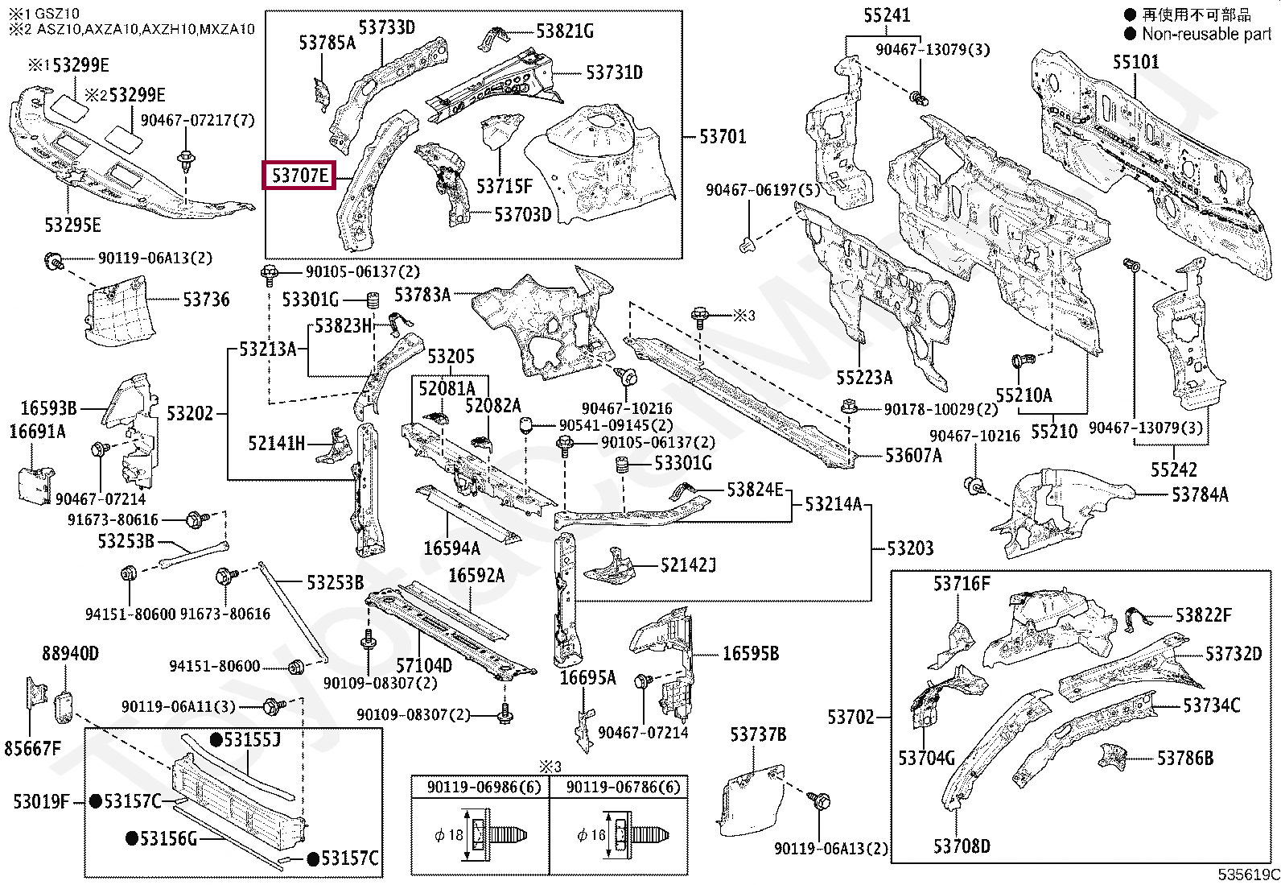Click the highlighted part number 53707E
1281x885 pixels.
300,176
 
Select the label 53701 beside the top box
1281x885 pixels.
723,137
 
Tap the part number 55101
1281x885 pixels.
1135,62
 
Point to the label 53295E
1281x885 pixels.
72,225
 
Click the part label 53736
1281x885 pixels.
206,300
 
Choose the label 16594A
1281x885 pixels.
451,548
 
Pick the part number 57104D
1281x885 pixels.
424,666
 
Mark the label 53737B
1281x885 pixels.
758,734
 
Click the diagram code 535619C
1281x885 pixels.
1248,875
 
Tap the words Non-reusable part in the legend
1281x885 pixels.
1207,35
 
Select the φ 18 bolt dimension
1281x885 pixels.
449,835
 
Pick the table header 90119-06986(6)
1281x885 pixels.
484,788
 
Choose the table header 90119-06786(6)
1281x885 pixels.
624,788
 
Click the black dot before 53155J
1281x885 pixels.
216,740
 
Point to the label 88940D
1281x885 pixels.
70,653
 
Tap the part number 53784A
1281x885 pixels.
1200,494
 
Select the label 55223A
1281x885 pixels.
864,378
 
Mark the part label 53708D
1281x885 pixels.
962,846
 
